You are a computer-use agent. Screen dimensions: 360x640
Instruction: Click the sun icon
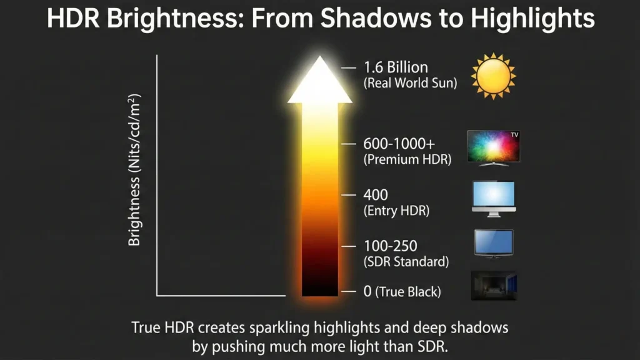[493, 75]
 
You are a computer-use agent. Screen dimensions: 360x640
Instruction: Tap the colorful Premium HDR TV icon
[493, 147]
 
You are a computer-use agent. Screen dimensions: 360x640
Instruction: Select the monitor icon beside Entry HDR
[493, 199]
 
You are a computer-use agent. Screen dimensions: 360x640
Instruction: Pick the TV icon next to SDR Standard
[493, 243]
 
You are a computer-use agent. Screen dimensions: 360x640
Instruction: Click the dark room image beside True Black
[493, 285]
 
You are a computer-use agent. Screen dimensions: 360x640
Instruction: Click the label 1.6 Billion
[396, 67]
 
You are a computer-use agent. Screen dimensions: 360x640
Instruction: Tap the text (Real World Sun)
[410, 83]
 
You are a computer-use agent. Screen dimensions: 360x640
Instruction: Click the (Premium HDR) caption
[407, 159]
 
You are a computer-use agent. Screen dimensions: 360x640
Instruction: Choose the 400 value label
[375, 196]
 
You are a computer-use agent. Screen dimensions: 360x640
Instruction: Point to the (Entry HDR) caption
[396, 211]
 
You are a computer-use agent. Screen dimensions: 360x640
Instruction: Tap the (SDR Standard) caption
[406, 262]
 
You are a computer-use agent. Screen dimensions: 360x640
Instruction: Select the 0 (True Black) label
[402, 291]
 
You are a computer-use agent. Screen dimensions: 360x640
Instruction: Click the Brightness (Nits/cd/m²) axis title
[135, 169]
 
